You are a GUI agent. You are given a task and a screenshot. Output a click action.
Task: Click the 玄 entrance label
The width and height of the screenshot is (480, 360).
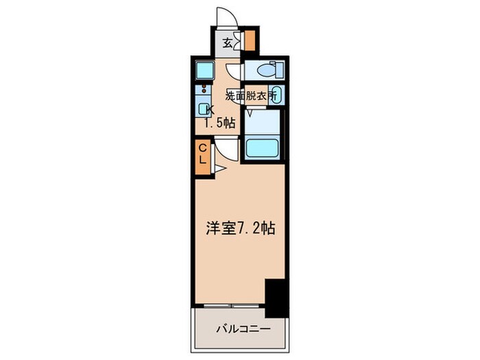click(227, 42)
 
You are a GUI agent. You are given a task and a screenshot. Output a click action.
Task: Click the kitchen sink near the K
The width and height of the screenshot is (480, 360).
click(204, 108)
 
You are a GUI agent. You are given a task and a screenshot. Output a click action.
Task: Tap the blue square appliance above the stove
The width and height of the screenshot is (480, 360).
click(204, 69)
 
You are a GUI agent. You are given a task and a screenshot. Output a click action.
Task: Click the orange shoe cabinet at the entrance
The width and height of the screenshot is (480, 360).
click(250, 40)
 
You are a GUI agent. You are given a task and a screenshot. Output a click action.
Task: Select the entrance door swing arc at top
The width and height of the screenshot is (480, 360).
click(226, 16)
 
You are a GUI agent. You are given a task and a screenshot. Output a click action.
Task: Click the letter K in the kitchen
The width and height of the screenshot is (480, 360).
click(211, 110)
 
